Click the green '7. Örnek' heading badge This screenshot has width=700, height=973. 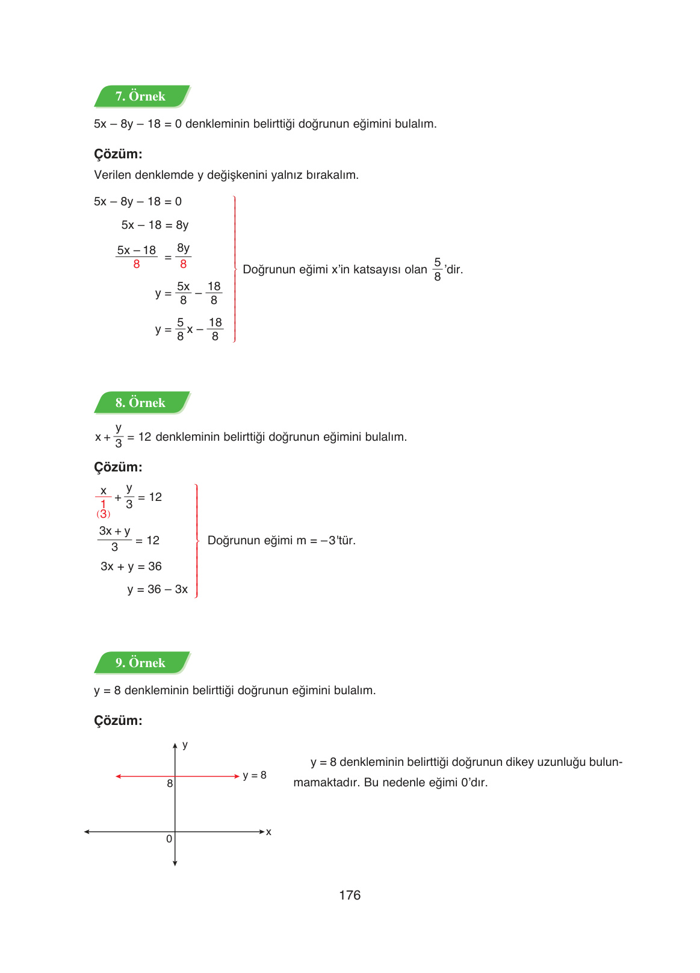pyautogui.click(x=141, y=96)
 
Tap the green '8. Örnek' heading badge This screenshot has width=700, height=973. pyautogui.click(x=141, y=403)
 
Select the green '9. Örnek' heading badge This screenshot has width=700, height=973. pyautogui.click(x=141, y=663)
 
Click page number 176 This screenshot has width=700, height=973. pyautogui.click(x=350, y=895)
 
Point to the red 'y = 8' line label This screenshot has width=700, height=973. pyautogui.click(x=255, y=776)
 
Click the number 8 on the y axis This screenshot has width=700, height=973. pyautogui.click(x=170, y=783)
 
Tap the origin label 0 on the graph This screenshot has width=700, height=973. pyautogui.click(x=169, y=839)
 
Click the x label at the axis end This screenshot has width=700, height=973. pyautogui.click(x=268, y=832)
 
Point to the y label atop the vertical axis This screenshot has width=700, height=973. pyautogui.click(x=185, y=745)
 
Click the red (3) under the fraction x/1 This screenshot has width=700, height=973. pyautogui.click(x=104, y=514)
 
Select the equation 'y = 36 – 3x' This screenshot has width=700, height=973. pyautogui.click(x=158, y=589)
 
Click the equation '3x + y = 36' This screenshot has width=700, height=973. pyautogui.click(x=131, y=567)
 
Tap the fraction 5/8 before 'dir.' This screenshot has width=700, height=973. pyautogui.click(x=438, y=269)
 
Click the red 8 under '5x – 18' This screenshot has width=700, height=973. pyautogui.click(x=137, y=264)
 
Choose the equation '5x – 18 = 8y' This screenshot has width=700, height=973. pyautogui.click(x=155, y=225)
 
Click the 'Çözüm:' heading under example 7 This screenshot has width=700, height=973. pyautogui.click(x=118, y=154)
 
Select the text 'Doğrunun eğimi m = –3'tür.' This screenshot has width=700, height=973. pyautogui.click(x=281, y=541)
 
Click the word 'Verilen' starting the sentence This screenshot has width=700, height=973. pyautogui.click(x=113, y=175)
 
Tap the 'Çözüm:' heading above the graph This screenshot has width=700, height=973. pyautogui.click(x=118, y=721)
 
